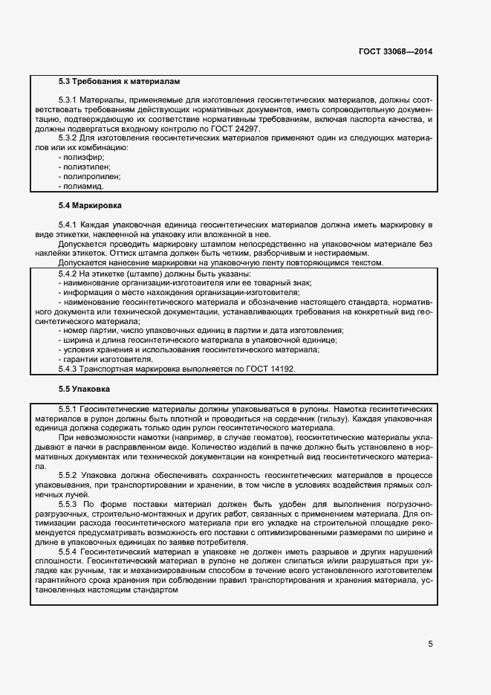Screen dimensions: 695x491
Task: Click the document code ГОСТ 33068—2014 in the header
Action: (394, 52)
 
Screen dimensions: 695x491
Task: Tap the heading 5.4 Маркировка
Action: (90, 204)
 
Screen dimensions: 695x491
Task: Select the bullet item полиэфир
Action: (81, 158)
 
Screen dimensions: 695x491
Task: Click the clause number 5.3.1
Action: (68, 100)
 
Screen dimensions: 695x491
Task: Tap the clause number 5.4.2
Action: (68, 273)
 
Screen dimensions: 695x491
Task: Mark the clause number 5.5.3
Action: (68, 504)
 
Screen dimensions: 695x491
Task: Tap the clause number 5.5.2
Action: (68, 475)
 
